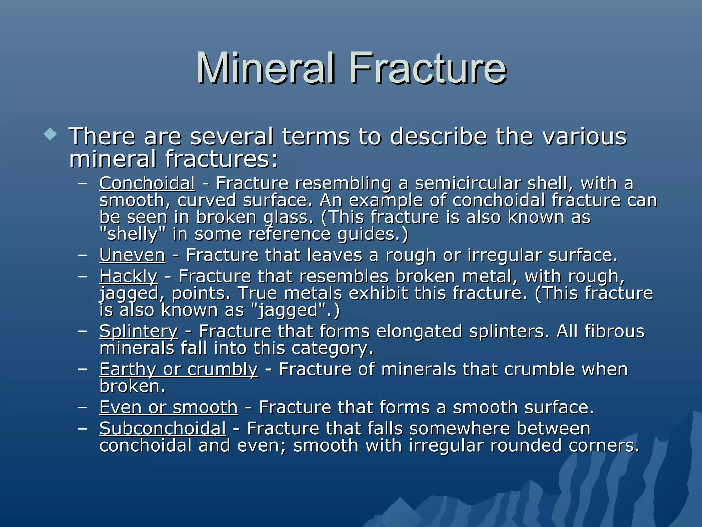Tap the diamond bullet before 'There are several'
coord(50,134)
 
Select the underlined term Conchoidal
coord(147,184)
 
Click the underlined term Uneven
coord(132,256)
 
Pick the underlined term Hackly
coord(129,277)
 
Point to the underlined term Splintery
coord(138,332)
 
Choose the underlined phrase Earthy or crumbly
coord(179,370)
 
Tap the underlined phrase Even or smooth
coord(168,408)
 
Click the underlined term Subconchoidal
coord(162,429)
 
